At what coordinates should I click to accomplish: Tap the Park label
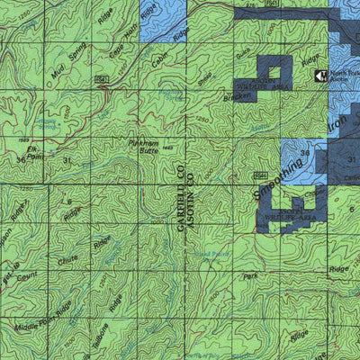coord(251,278)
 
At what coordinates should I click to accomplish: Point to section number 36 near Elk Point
coord(22,159)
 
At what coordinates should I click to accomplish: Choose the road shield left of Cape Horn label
coord(102,79)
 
